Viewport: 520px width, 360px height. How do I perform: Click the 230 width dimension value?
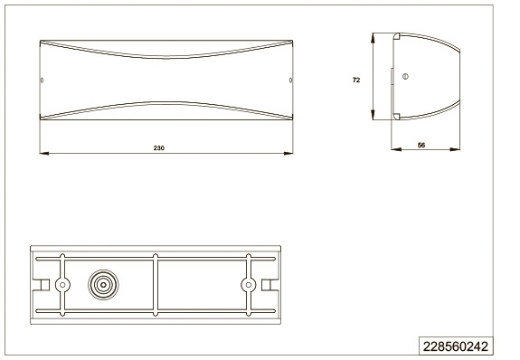pyautogui.click(x=159, y=148)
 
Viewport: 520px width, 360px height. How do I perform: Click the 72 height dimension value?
pyautogui.click(x=356, y=80)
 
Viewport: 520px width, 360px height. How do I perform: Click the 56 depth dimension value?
pyautogui.click(x=421, y=145)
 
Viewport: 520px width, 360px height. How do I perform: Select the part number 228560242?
pyautogui.click(x=456, y=346)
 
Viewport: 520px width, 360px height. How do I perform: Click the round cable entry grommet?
pyautogui.click(x=103, y=285)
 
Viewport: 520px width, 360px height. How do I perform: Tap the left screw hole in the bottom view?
pyautogui.click(x=62, y=285)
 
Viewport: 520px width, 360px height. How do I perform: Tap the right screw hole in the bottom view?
pyautogui.click(x=248, y=285)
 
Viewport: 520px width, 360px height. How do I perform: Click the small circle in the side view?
pyautogui.click(x=405, y=76)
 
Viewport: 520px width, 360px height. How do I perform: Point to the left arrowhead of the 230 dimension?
pyautogui.click(x=43, y=153)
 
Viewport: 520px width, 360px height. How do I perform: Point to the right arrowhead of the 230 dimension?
pyautogui.click(x=288, y=153)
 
